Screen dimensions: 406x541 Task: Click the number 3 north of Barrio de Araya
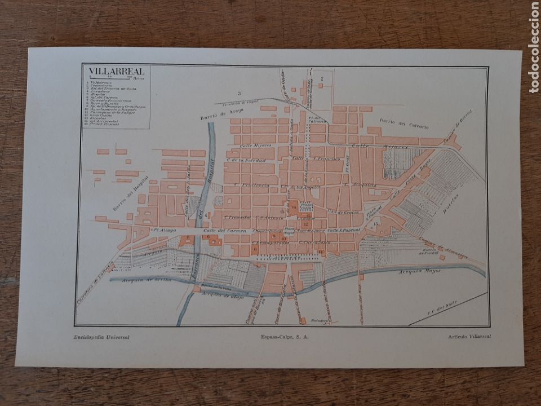pyautogui.click(x=239, y=93)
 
